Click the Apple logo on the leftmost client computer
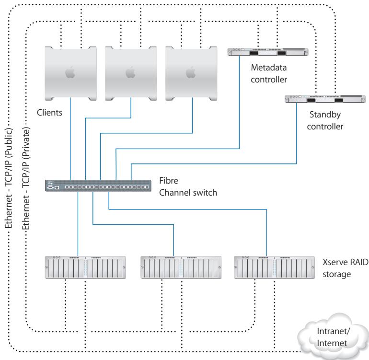70,72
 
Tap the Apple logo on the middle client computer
130,72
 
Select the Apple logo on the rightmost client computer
191,72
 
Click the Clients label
49,113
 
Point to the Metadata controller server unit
268,52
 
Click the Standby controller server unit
325,99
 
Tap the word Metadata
269,68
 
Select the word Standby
325,115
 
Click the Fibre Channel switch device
98,186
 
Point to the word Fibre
169,181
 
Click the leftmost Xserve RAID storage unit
85,267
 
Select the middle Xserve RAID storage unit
181,267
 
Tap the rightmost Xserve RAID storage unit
274,267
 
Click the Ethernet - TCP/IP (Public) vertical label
9,178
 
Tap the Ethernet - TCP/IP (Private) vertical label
26,178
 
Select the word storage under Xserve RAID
336,275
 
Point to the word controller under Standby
325,127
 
